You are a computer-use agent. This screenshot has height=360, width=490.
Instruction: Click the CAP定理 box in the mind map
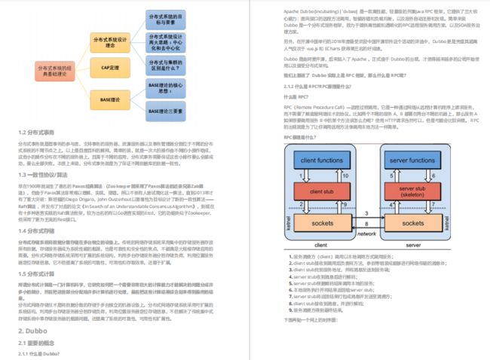point(110,69)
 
